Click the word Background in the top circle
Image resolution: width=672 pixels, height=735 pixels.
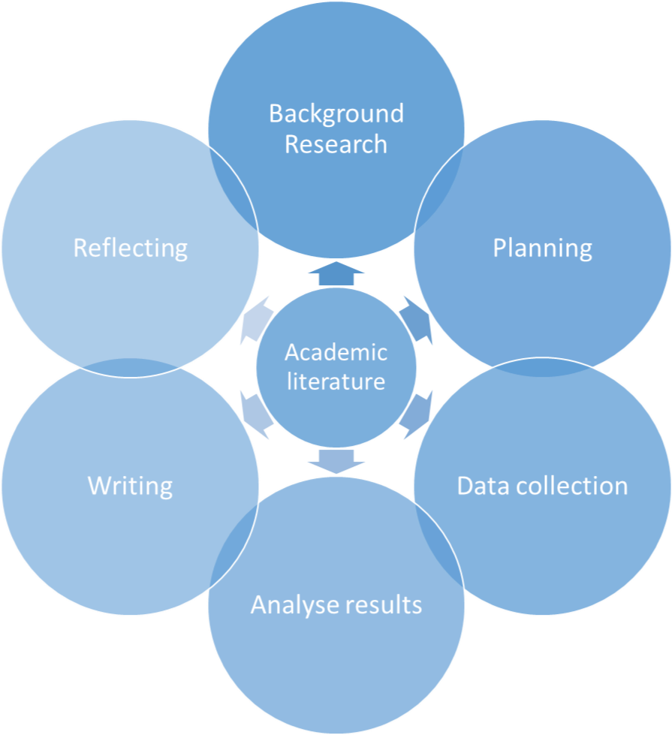pos(336,114)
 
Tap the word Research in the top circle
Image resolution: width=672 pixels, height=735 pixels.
pos(336,143)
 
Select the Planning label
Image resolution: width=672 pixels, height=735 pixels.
pos(542,248)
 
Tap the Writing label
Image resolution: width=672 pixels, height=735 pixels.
pos(130,486)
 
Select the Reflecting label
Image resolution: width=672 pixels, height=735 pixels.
pos(130,248)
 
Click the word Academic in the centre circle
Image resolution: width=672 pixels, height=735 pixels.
pos(336,352)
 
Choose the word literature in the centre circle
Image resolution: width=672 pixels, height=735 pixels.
pos(336,381)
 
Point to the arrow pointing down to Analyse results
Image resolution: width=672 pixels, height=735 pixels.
pos(336,460)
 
